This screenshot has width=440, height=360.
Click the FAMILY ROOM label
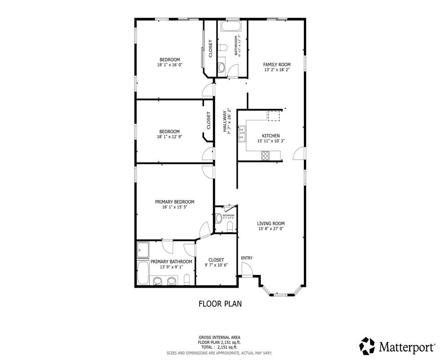[x=277, y=65]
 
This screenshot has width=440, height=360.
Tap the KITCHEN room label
[x=271, y=136]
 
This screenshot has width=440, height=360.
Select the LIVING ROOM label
[x=271, y=223]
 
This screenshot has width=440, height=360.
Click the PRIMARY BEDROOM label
[x=174, y=202]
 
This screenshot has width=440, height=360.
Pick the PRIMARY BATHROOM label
[x=171, y=262]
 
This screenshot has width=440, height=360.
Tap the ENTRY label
[x=247, y=258]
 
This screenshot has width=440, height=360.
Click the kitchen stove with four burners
[x=265, y=156]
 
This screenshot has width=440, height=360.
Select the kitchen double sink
[x=242, y=133]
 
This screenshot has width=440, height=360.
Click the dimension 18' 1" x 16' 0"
[x=169, y=65]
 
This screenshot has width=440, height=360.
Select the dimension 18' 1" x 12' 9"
[x=169, y=137]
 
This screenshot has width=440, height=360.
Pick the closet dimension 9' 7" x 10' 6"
[x=216, y=265]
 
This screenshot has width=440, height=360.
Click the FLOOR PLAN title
[x=220, y=304]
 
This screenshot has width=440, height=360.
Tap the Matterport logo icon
[x=367, y=346]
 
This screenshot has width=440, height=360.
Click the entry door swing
[x=247, y=270]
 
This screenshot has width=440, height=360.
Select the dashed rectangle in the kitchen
[x=274, y=116]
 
